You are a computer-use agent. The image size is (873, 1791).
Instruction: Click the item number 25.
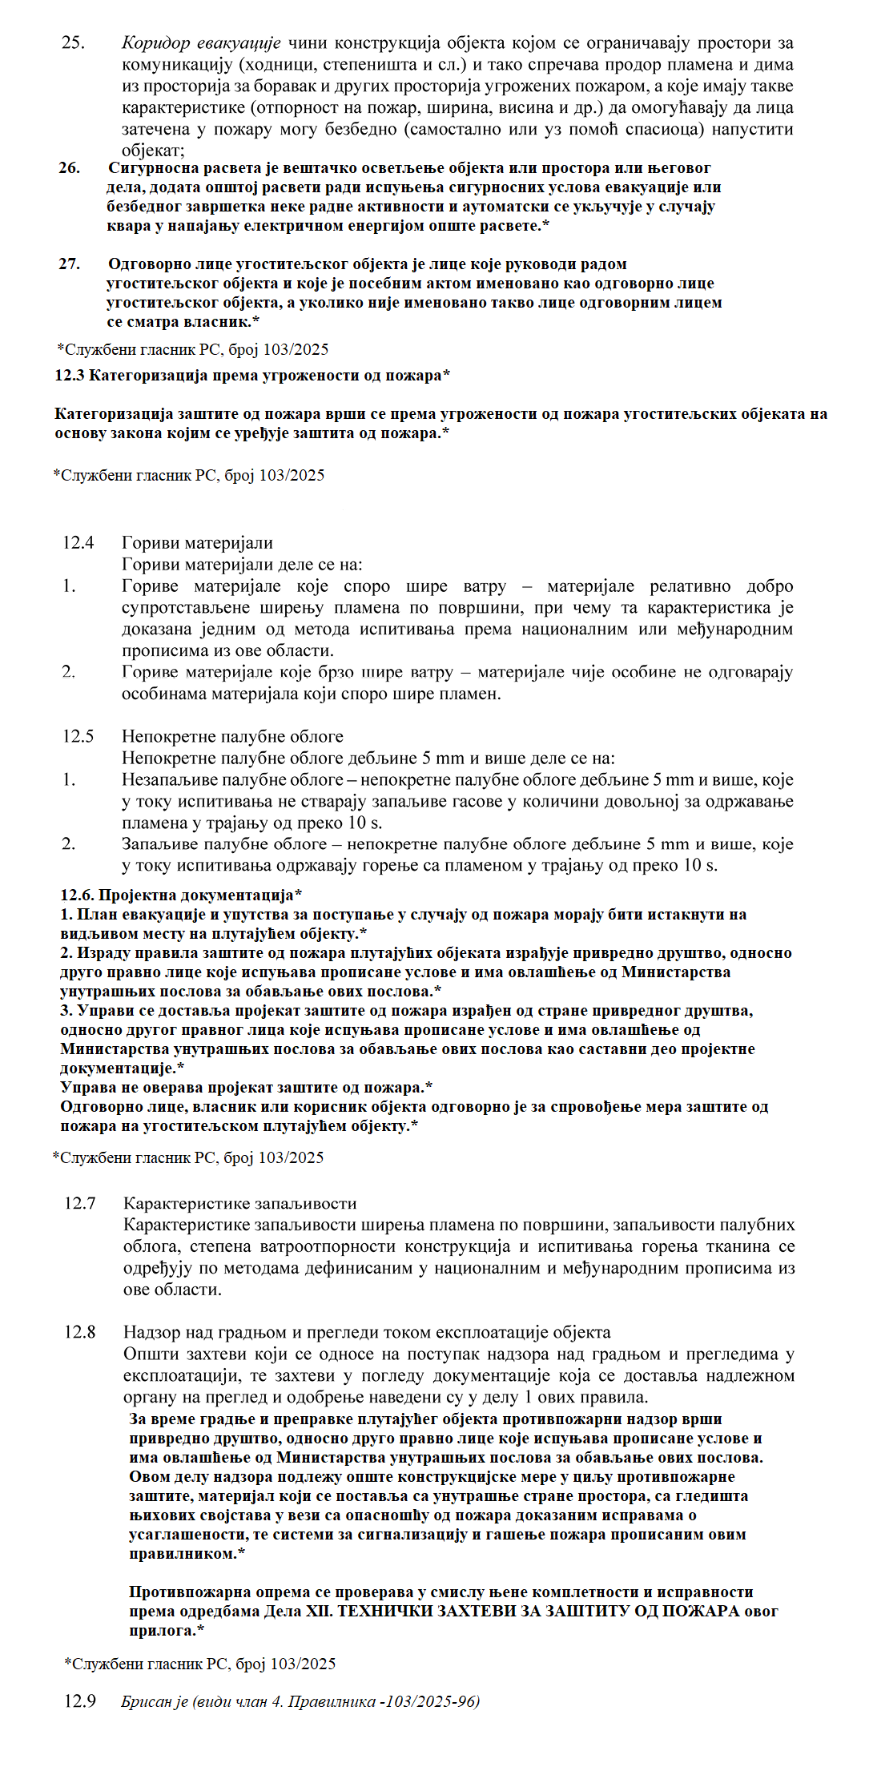pyautogui.click(x=73, y=43)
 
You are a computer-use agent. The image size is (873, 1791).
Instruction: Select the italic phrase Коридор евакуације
pyautogui.click(x=201, y=43)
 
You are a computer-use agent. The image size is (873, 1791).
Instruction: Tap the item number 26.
pyautogui.click(x=70, y=168)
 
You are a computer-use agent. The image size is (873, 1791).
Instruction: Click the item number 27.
pyautogui.click(x=70, y=264)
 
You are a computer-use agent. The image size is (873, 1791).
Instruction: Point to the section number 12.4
pyautogui.click(x=78, y=543)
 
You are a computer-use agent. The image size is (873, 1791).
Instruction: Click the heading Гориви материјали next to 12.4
pyautogui.click(x=197, y=543)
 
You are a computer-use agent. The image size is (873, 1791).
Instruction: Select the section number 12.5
pyautogui.click(x=78, y=736)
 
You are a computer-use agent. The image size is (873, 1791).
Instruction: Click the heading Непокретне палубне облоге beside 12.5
pyautogui.click(x=232, y=736)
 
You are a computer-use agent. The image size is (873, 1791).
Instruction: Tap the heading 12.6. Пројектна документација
pyautogui.click(x=181, y=895)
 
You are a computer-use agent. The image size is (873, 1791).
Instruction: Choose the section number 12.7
pyautogui.click(x=80, y=1203)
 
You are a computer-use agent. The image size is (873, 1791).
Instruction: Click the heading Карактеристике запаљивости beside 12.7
pyautogui.click(x=239, y=1203)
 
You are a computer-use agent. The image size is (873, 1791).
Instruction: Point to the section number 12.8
pyautogui.click(x=80, y=1332)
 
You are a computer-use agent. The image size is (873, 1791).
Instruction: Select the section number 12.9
pyautogui.click(x=80, y=1701)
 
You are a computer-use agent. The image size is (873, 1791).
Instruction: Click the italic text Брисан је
pyautogui.click(x=155, y=1701)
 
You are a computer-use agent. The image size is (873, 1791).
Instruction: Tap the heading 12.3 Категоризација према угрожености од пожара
pyautogui.click(x=251, y=376)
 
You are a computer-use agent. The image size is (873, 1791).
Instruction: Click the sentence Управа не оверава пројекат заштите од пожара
pyautogui.click(x=246, y=1088)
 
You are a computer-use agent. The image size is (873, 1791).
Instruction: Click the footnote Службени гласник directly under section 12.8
pyautogui.click(x=200, y=1664)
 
